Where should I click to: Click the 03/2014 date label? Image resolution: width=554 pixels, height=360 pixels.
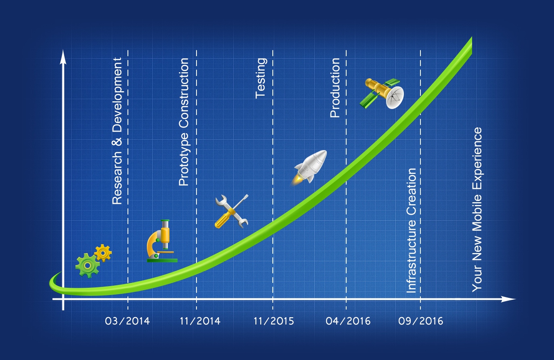tap(128, 321)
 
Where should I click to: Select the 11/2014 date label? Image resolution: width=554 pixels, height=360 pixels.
tap(200, 321)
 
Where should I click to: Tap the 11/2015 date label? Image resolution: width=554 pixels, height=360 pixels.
tap(274, 321)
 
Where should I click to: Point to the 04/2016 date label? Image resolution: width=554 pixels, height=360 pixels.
tap(348, 321)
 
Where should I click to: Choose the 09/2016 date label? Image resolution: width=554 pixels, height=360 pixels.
tap(421, 321)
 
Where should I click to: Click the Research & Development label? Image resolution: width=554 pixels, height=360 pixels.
tap(117, 131)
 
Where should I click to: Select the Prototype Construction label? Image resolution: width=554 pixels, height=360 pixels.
tap(184, 122)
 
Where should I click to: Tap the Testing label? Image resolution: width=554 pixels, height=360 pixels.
tap(261, 78)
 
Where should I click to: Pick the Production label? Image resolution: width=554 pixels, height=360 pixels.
tap(335, 88)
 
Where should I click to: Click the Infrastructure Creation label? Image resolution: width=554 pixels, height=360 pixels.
tap(412, 230)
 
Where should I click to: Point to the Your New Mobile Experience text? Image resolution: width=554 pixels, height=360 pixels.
tap(477, 209)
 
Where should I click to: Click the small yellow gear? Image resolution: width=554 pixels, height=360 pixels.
tap(103, 253)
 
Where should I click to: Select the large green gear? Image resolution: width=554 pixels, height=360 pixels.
tap(88, 266)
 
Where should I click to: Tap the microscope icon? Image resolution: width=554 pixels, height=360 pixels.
tap(162, 241)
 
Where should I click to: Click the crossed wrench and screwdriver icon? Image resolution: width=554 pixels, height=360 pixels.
tap(232, 211)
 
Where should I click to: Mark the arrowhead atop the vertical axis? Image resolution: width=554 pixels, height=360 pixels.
tap(63, 57)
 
